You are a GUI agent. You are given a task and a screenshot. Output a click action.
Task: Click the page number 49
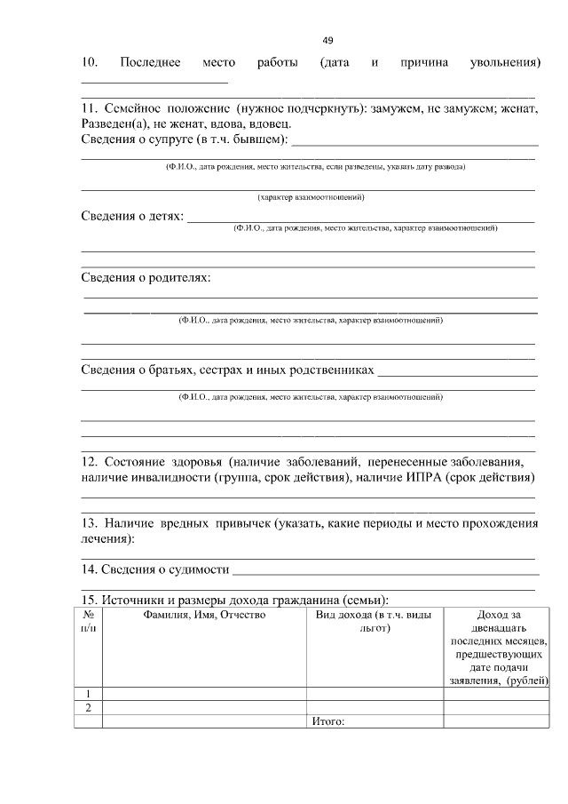click(x=327, y=41)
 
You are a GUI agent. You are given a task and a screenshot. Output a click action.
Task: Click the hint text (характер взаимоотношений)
click(x=311, y=196)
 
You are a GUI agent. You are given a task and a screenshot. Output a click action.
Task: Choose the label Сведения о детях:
click(x=132, y=216)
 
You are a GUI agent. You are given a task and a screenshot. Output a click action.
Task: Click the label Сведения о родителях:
click(x=146, y=278)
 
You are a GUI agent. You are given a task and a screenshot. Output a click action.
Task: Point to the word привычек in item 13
click(x=241, y=523)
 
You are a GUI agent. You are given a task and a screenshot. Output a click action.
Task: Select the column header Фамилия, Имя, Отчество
click(x=204, y=614)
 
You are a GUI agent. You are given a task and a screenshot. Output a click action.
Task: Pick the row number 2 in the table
click(x=88, y=707)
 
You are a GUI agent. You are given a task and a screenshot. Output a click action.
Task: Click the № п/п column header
click(x=88, y=621)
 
